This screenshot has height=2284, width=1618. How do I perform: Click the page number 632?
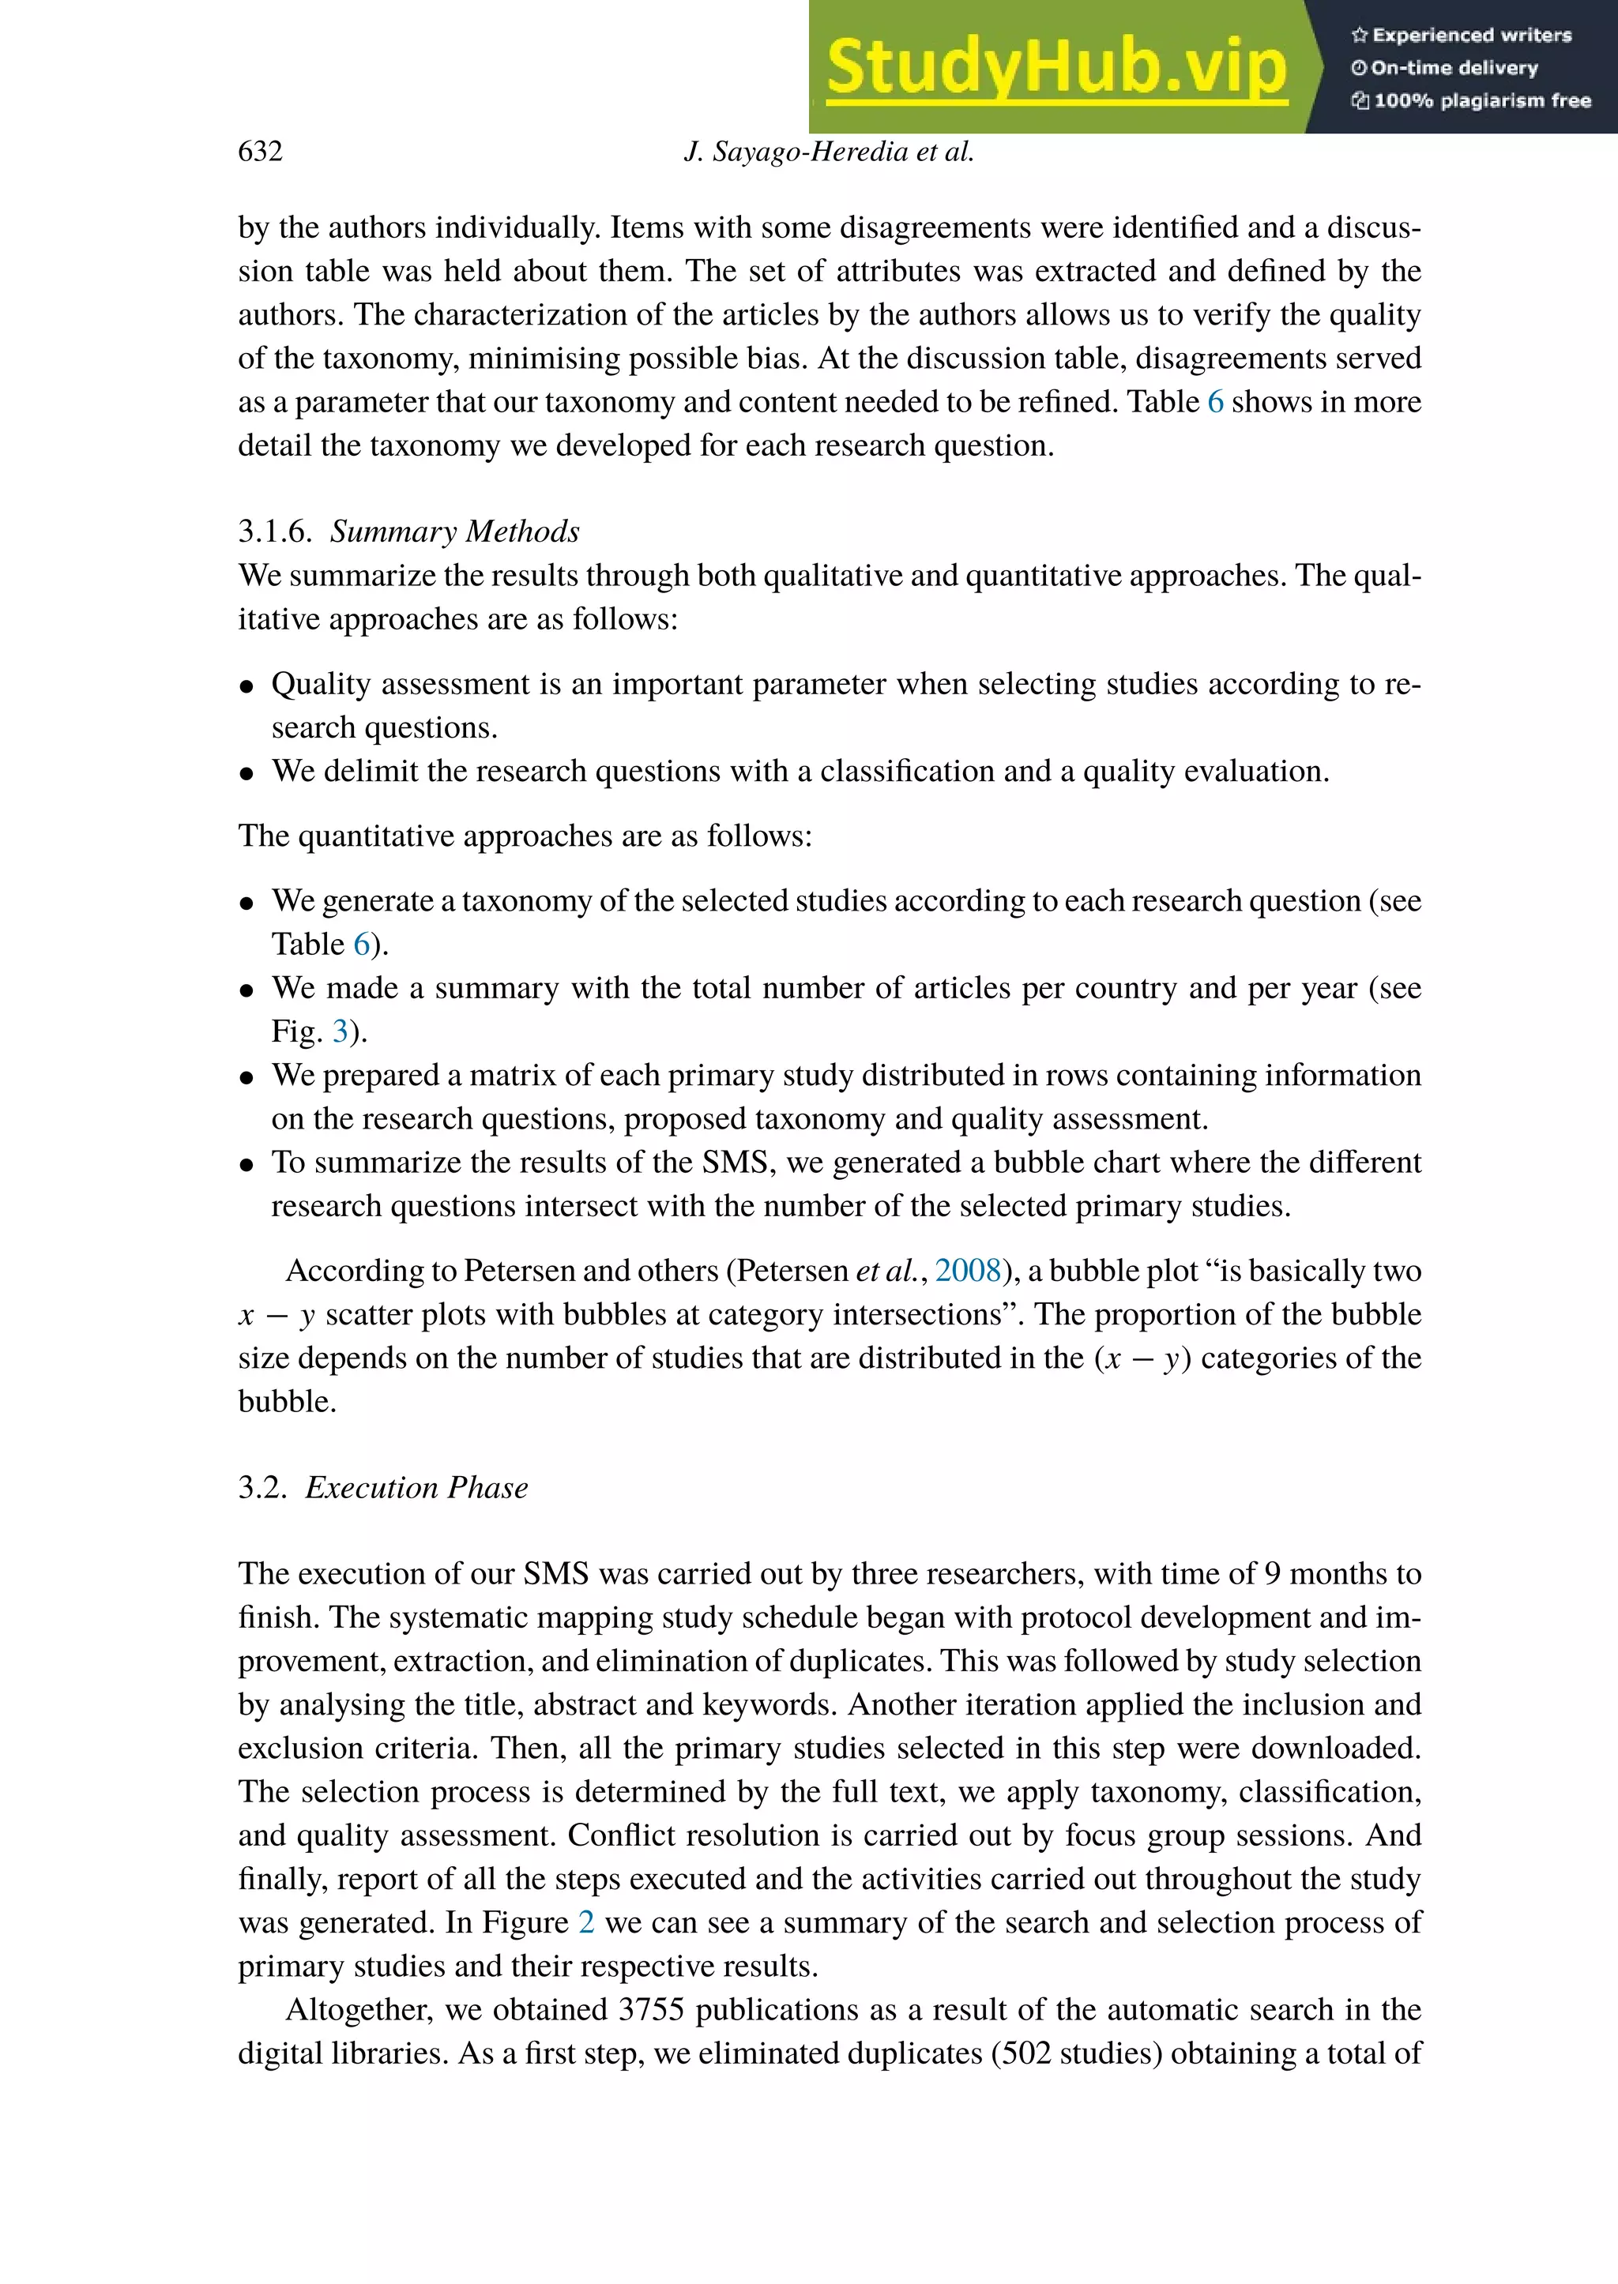(260, 152)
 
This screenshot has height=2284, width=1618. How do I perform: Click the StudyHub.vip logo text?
(1056, 68)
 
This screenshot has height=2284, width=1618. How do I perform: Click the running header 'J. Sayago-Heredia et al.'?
(829, 152)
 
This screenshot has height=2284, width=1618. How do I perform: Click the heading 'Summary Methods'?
(454, 531)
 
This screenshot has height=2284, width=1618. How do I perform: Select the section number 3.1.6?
(276, 531)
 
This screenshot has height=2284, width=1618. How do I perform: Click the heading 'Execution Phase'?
(416, 1487)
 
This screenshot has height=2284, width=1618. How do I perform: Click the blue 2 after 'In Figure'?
(587, 1922)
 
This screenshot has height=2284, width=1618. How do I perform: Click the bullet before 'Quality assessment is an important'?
(247, 686)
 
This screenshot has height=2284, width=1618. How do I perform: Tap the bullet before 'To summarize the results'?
(247, 1164)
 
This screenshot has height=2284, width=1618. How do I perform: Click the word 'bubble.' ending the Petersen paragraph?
(287, 1402)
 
